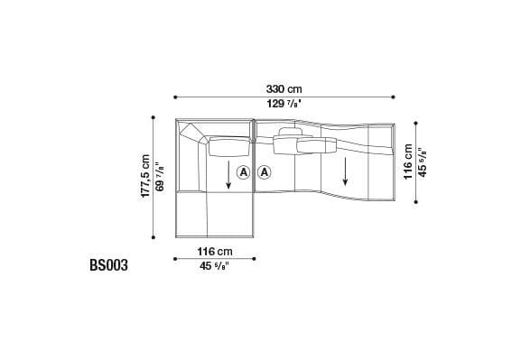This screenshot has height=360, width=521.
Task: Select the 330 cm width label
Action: [284, 88]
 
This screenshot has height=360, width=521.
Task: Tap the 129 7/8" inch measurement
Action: [284, 106]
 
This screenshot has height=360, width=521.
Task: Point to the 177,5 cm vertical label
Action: [145, 177]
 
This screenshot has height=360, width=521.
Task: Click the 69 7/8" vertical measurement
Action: [161, 177]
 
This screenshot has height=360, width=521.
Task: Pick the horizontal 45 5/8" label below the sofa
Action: [213, 265]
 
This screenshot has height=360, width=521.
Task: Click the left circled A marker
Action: [244, 171]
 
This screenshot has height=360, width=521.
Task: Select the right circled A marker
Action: [265, 171]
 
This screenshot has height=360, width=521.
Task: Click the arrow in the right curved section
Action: [345, 171]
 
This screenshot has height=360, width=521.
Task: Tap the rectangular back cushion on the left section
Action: [229, 146]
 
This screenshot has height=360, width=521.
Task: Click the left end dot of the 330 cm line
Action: [174, 97]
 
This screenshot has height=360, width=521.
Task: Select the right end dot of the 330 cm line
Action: [395, 97]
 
